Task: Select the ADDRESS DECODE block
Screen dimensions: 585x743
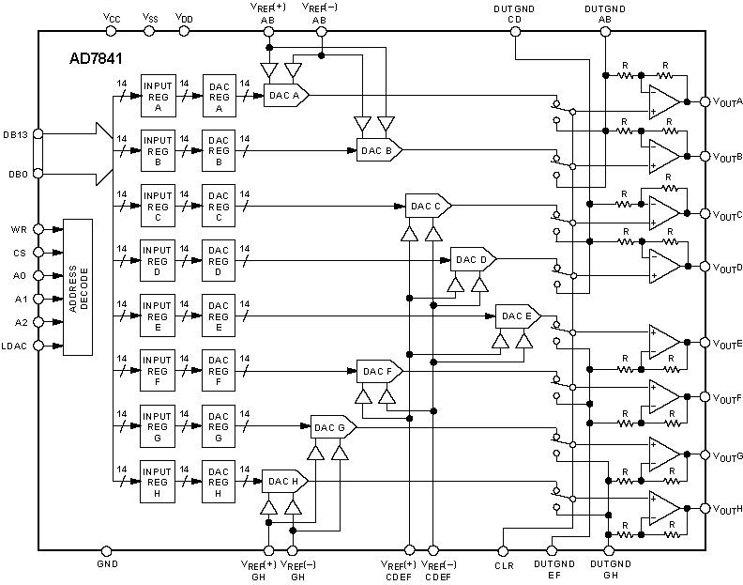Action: [x=77, y=286]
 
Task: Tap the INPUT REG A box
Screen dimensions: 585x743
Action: [x=157, y=95]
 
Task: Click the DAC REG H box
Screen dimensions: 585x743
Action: [x=218, y=481]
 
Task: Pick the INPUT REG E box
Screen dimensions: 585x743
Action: [x=157, y=316]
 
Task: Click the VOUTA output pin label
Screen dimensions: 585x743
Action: [x=727, y=101]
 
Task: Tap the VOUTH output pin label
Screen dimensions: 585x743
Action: [x=727, y=509]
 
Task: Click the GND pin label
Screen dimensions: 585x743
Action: [x=106, y=566]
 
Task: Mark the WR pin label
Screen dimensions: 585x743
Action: [x=20, y=229]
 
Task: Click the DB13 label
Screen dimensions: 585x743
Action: [x=16, y=134]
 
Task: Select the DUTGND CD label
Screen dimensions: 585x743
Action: [x=513, y=12]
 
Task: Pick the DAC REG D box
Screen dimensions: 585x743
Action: [x=218, y=260]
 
